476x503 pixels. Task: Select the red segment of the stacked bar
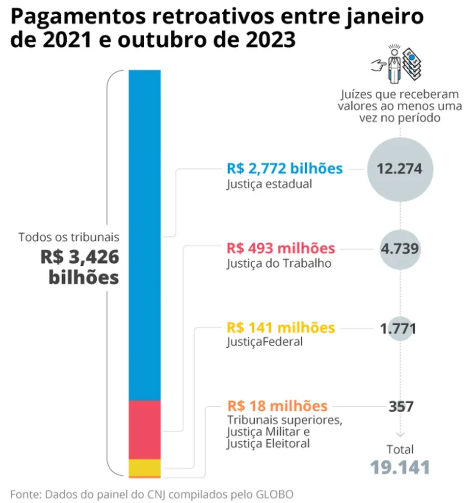(144, 429)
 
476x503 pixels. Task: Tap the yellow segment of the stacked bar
(144, 467)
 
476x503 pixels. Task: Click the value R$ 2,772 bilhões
(284, 168)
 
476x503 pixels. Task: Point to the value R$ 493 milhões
(281, 248)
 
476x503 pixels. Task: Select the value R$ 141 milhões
(281, 327)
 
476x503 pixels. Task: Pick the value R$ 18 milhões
(277, 406)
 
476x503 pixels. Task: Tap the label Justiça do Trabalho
(279, 263)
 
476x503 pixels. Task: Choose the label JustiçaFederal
(264, 342)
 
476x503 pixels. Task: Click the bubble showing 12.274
(400, 168)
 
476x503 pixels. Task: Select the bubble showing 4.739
(400, 248)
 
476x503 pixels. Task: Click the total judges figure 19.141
(400, 467)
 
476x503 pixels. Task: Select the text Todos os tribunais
(69, 237)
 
